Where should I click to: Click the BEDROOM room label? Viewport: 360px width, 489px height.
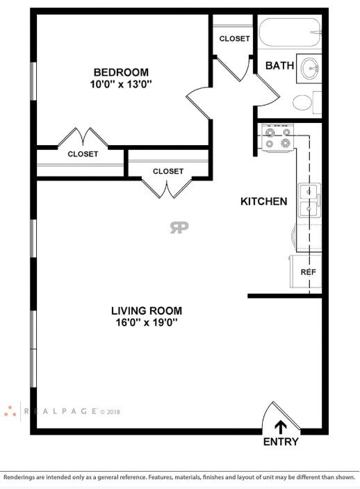pos(121,72)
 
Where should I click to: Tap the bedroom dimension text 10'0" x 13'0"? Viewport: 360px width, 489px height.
pos(121,84)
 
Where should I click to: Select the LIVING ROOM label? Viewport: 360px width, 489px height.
pos(147,310)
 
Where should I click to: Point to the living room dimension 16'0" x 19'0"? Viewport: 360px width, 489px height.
pos(147,322)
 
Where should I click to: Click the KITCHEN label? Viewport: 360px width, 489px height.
pos(263,201)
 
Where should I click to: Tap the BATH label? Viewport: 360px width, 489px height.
pos(279,65)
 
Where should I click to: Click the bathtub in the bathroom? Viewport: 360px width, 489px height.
pos(290,32)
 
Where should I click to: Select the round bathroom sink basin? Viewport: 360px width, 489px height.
pos(310,68)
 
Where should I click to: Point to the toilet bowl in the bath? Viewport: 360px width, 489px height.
pos(302,102)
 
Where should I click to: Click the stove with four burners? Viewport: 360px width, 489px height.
pos(277,138)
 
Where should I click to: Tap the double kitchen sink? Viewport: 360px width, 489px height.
pos(309,200)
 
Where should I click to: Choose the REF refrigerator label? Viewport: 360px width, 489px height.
pos(308,272)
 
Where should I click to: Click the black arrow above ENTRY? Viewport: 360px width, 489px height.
pos(281,427)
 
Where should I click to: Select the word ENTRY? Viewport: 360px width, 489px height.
pos(281,442)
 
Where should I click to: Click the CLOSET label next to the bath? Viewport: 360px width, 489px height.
pos(235,39)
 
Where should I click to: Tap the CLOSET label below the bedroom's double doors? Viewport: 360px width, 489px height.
pos(83,154)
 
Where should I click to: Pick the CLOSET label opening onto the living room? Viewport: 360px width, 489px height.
pos(168,171)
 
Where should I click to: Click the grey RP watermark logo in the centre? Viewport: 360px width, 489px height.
pos(179,227)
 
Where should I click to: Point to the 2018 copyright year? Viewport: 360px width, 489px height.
pos(113,412)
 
